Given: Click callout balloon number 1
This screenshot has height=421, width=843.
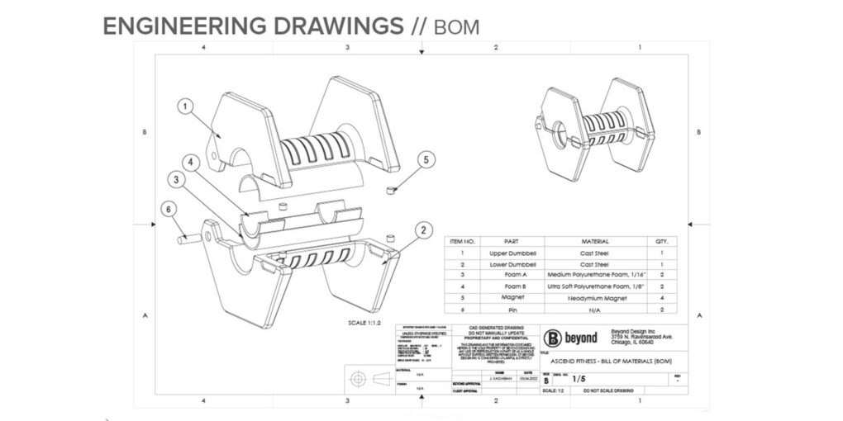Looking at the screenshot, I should coord(187,106).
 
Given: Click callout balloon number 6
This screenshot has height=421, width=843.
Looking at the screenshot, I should coord(169,210).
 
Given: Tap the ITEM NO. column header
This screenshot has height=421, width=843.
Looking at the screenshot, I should coord(463,241).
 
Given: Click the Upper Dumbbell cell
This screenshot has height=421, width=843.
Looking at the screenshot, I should coord(511,253).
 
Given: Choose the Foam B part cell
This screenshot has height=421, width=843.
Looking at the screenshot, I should coord(511,285).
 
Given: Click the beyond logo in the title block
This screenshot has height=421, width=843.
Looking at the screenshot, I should coord(570,338).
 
